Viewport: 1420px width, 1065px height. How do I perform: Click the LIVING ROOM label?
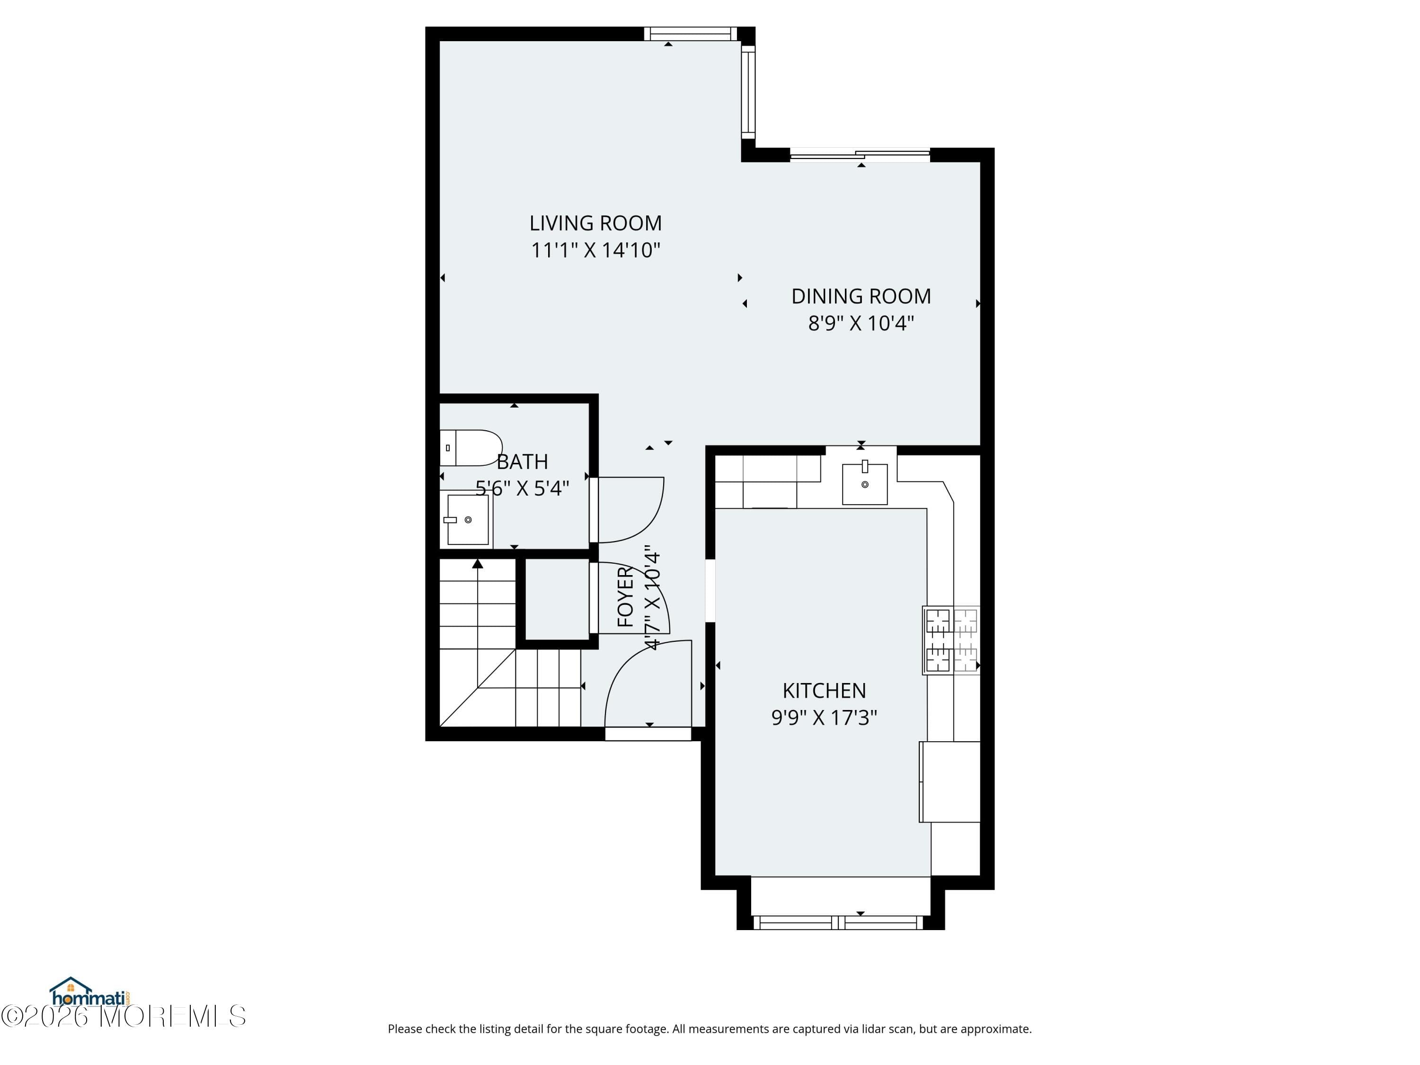pyautogui.click(x=595, y=223)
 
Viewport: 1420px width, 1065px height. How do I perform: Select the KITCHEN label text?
pyautogui.click(x=824, y=690)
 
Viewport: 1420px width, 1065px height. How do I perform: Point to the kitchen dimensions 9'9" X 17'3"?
pyautogui.click(x=824, y=717)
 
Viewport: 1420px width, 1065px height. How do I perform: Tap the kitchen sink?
pyautogui.click(x=865, y=483)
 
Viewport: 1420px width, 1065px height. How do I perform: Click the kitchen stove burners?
pyautogui.click(x=951, y=640)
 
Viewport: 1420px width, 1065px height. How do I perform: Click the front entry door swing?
pyautogui.click(x=642, y=681)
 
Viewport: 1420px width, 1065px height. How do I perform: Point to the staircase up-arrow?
pyautogui.click(x=478, y=564)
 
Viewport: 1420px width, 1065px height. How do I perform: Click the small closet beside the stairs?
pyautogui.click(x=557, y=598)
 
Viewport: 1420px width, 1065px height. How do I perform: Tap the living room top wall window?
pyautogui.click(x=690, y=34)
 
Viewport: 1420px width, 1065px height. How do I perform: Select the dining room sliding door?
pyautogui.click(x=860, y=154)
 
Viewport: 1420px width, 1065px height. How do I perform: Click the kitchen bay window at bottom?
pyautogui.click(x=838, y=923)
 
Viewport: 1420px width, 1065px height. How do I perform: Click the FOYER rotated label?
pyautogui.click(x=625, y=597)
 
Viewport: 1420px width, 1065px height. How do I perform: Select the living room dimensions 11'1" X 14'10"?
pyautogui.click(x=595, y=250)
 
